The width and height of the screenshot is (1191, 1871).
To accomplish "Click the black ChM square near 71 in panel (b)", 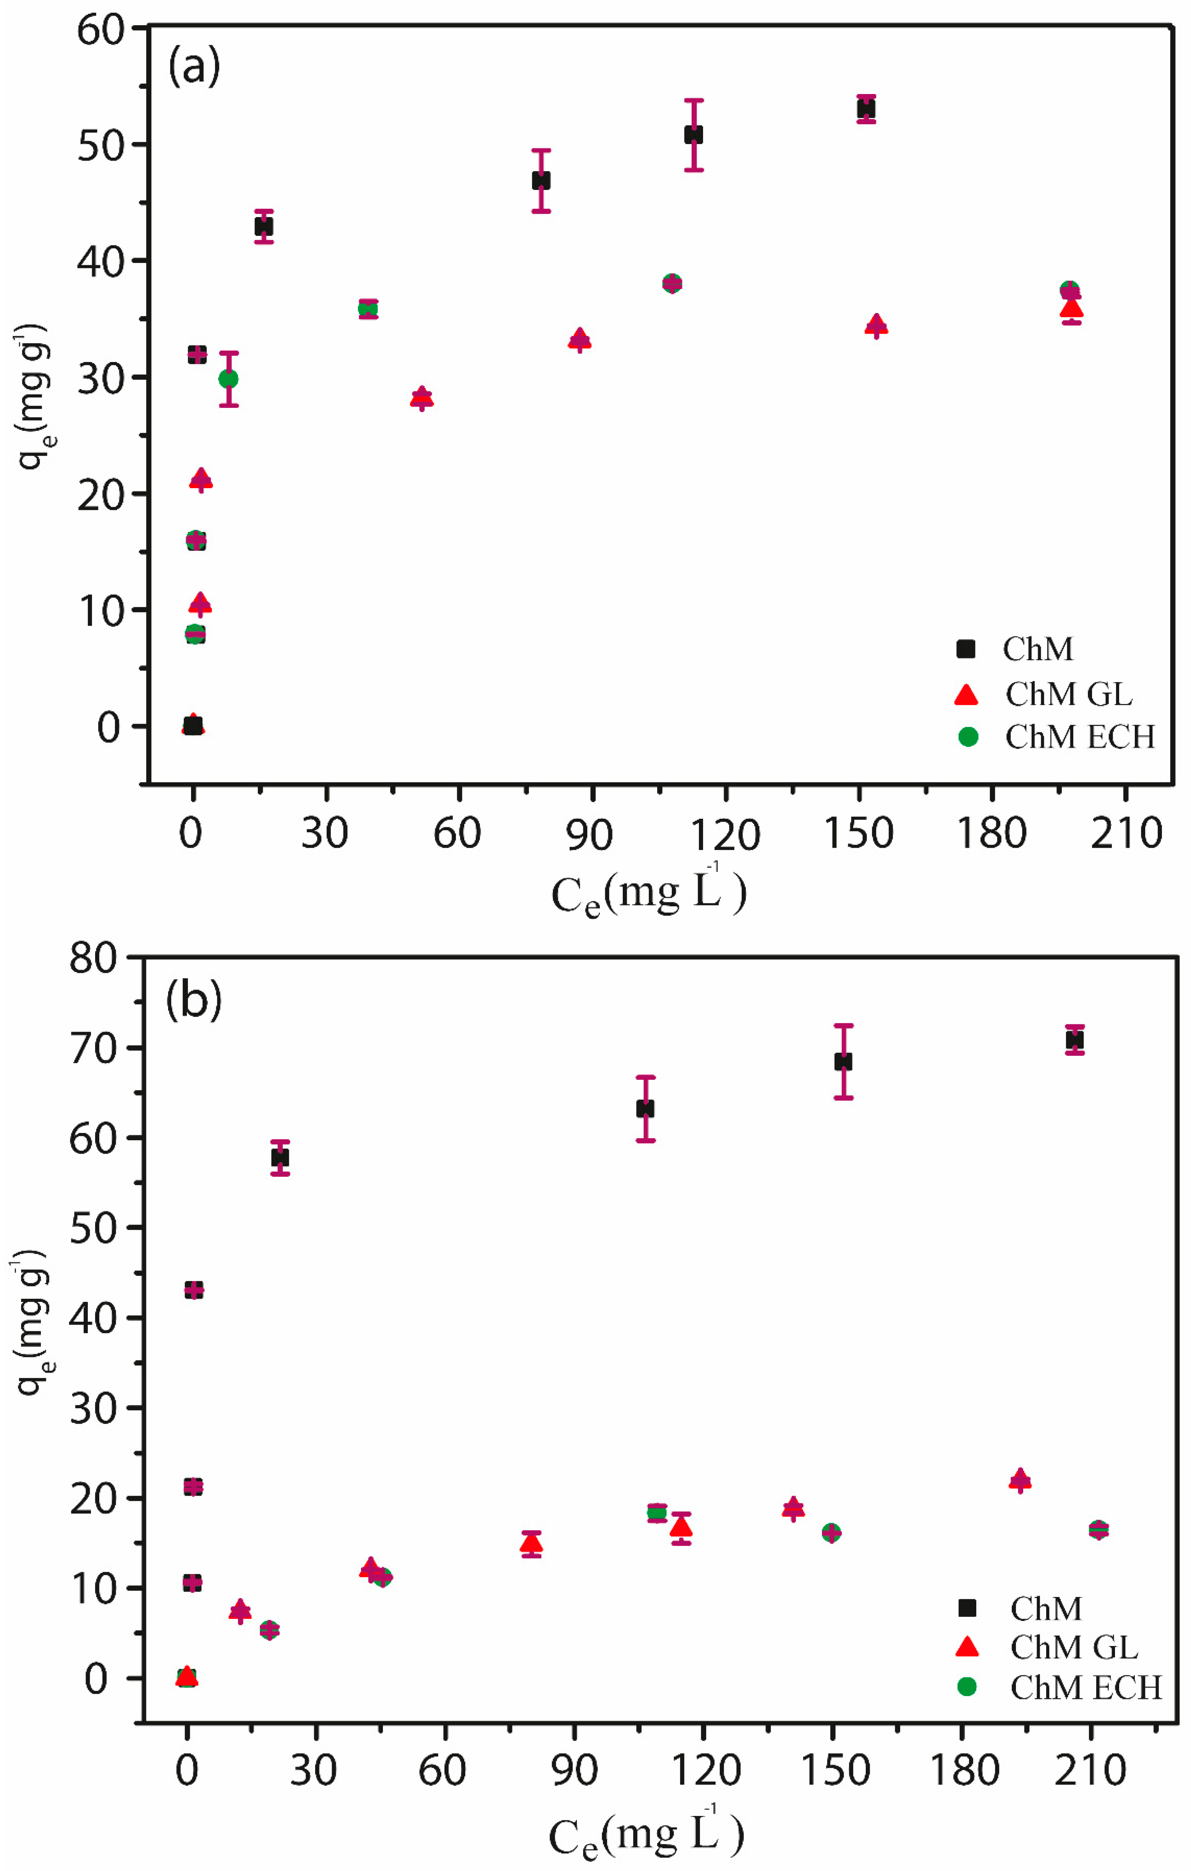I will point(1074,1040).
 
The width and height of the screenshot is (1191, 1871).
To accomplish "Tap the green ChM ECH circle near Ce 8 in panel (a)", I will point(228,378).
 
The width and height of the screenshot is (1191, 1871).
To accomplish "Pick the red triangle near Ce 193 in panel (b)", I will point(1020,1480).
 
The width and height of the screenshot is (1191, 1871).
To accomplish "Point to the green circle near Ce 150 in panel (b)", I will point(831,1532).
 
